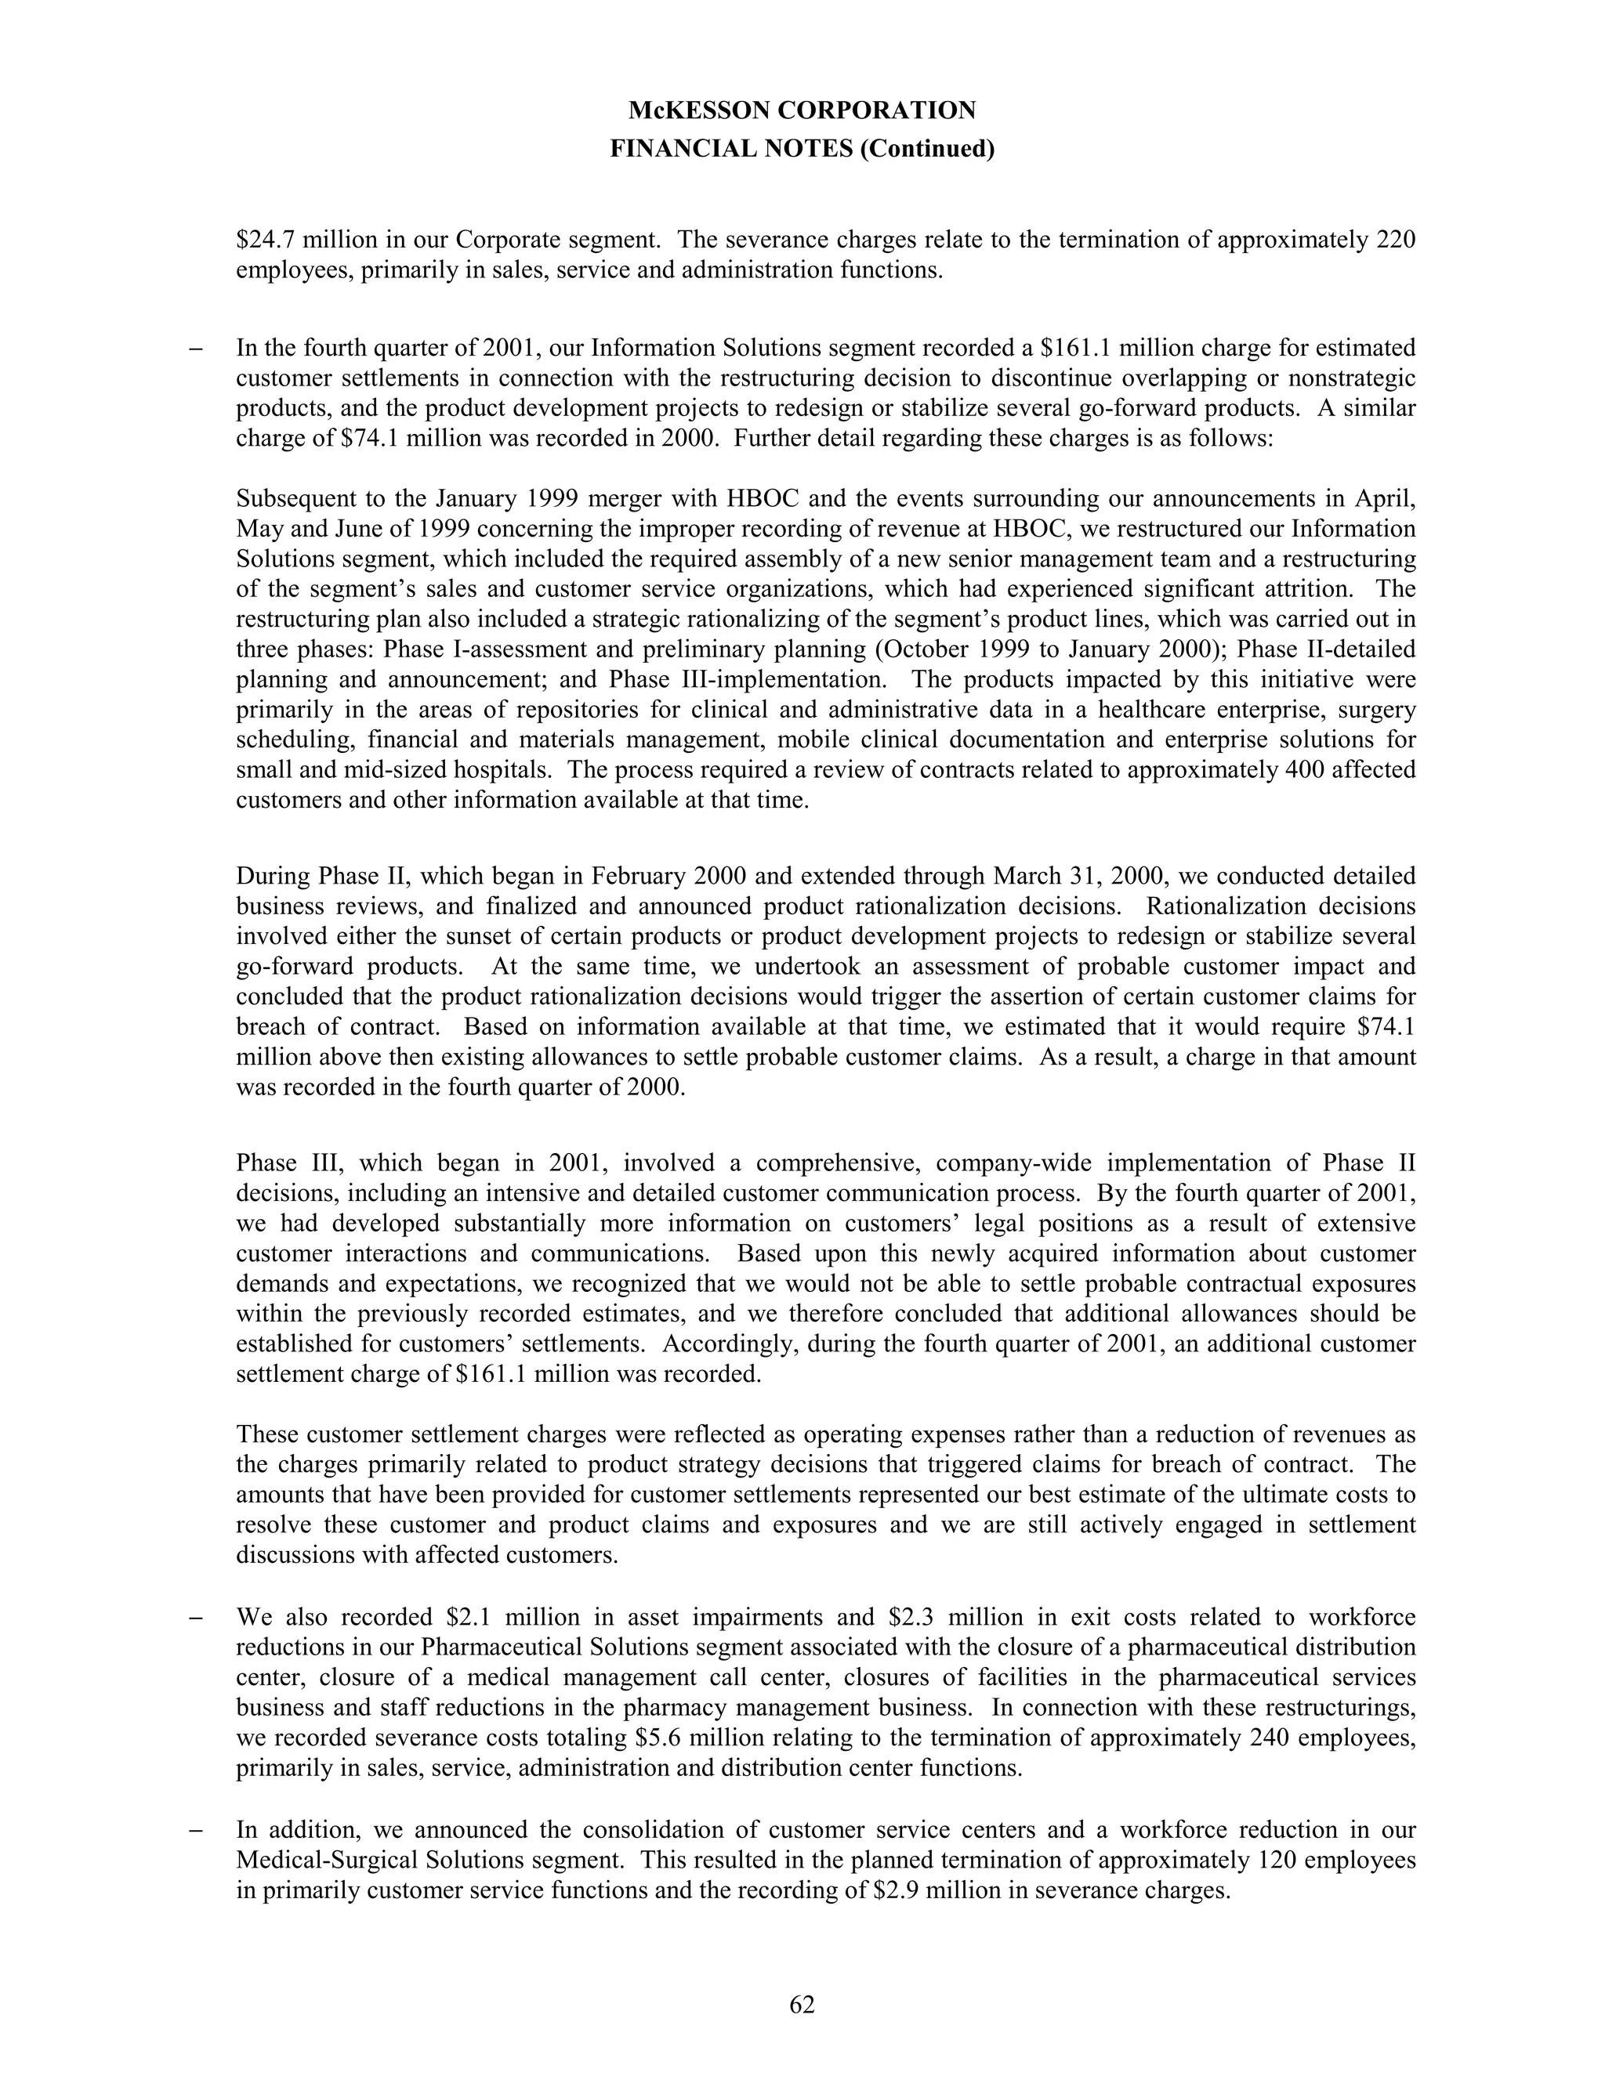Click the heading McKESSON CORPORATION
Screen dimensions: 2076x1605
tap(802, 111)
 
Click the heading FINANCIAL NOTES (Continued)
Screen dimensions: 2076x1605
tap(802, 149)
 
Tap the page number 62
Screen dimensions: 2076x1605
tap(802, 2005)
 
